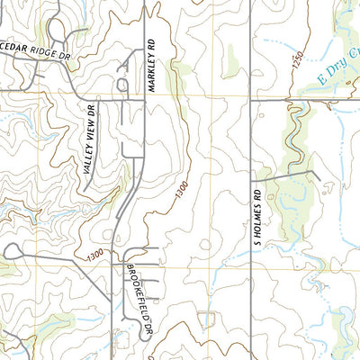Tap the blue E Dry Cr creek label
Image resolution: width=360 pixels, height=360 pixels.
click(337, 86)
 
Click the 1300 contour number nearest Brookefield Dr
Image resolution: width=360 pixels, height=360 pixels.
click(101, 256)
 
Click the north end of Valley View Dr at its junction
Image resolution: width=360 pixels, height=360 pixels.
click(96, 100)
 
